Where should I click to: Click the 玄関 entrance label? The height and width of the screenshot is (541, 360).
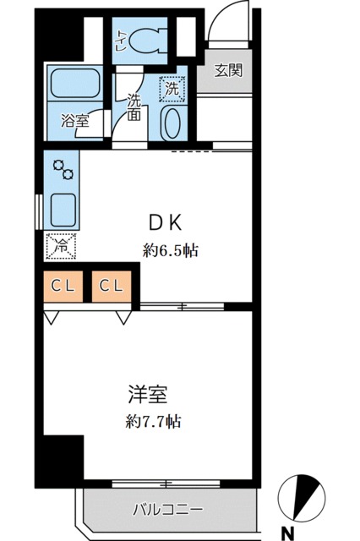click(228, 71)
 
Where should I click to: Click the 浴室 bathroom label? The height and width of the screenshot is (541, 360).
click(74, 121)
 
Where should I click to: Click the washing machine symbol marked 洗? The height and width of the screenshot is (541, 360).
click(172, 86)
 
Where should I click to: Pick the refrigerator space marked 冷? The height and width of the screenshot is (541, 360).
click(61, 246)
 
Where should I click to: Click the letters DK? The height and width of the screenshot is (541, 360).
click(166, 223)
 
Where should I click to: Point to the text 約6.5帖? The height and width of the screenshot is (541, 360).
click(170, 251)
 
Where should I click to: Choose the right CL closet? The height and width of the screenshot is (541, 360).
click(111, 286)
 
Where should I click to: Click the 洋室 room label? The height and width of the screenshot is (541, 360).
click(147, 394)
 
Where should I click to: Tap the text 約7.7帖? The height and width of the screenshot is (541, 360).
click(152, 421)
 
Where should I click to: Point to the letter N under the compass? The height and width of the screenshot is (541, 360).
click(289, 532)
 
